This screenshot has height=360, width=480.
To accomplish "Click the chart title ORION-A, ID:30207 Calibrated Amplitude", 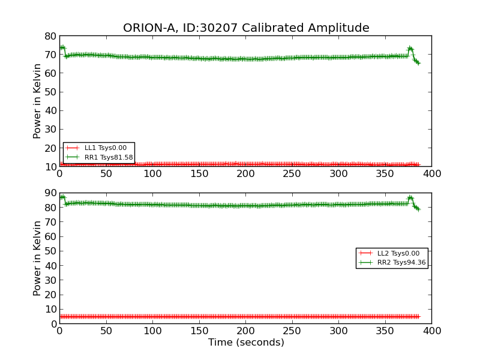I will (246, 28).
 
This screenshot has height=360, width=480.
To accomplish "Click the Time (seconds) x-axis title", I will (246, 343).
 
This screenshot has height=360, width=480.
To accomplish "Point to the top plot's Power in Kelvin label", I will (38, 101).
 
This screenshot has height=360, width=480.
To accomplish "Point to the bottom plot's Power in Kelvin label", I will (38, 258).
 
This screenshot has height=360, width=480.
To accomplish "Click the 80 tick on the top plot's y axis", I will (50, 36).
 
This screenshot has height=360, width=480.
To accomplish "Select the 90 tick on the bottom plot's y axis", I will (50, 193).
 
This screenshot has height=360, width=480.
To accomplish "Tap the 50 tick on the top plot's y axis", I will (50, 92).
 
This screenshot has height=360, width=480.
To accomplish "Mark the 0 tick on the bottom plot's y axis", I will (53, 324).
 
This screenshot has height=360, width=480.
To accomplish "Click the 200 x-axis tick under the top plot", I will (245, 173).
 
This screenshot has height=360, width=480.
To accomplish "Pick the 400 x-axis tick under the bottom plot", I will (431, 331).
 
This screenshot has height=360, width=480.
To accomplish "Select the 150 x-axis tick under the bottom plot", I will (199, 331).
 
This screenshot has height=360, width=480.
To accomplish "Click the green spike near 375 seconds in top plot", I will (410, 48).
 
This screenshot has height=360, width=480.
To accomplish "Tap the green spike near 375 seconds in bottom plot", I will (410, 197).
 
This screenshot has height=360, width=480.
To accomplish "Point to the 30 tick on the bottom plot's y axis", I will (50, 280).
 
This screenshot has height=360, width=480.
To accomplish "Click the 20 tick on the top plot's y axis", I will (50, 148).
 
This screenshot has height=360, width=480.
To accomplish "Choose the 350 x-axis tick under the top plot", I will (385, 173).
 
